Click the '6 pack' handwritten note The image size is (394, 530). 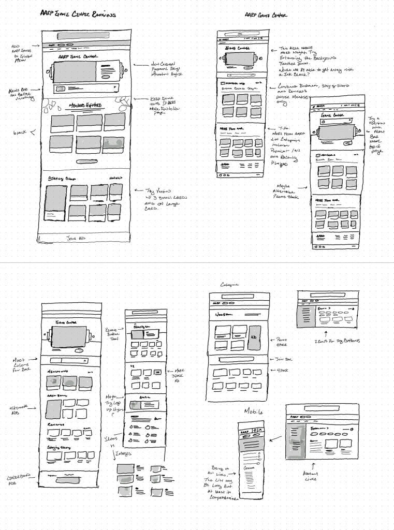coord(21,133)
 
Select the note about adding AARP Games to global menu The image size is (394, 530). coord(22,53)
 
